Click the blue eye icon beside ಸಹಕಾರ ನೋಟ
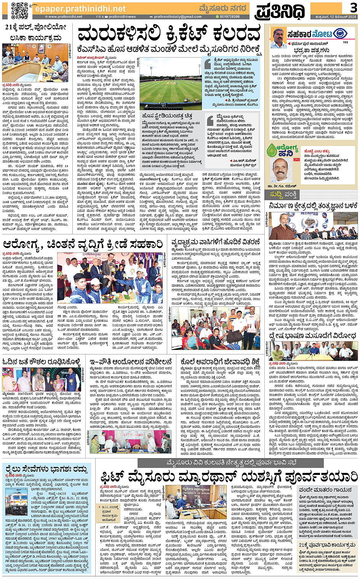pyautogui.click(x=337, y=34)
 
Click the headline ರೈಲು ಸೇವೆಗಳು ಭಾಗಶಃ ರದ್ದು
pyautogui.click(x=45, y=468)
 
